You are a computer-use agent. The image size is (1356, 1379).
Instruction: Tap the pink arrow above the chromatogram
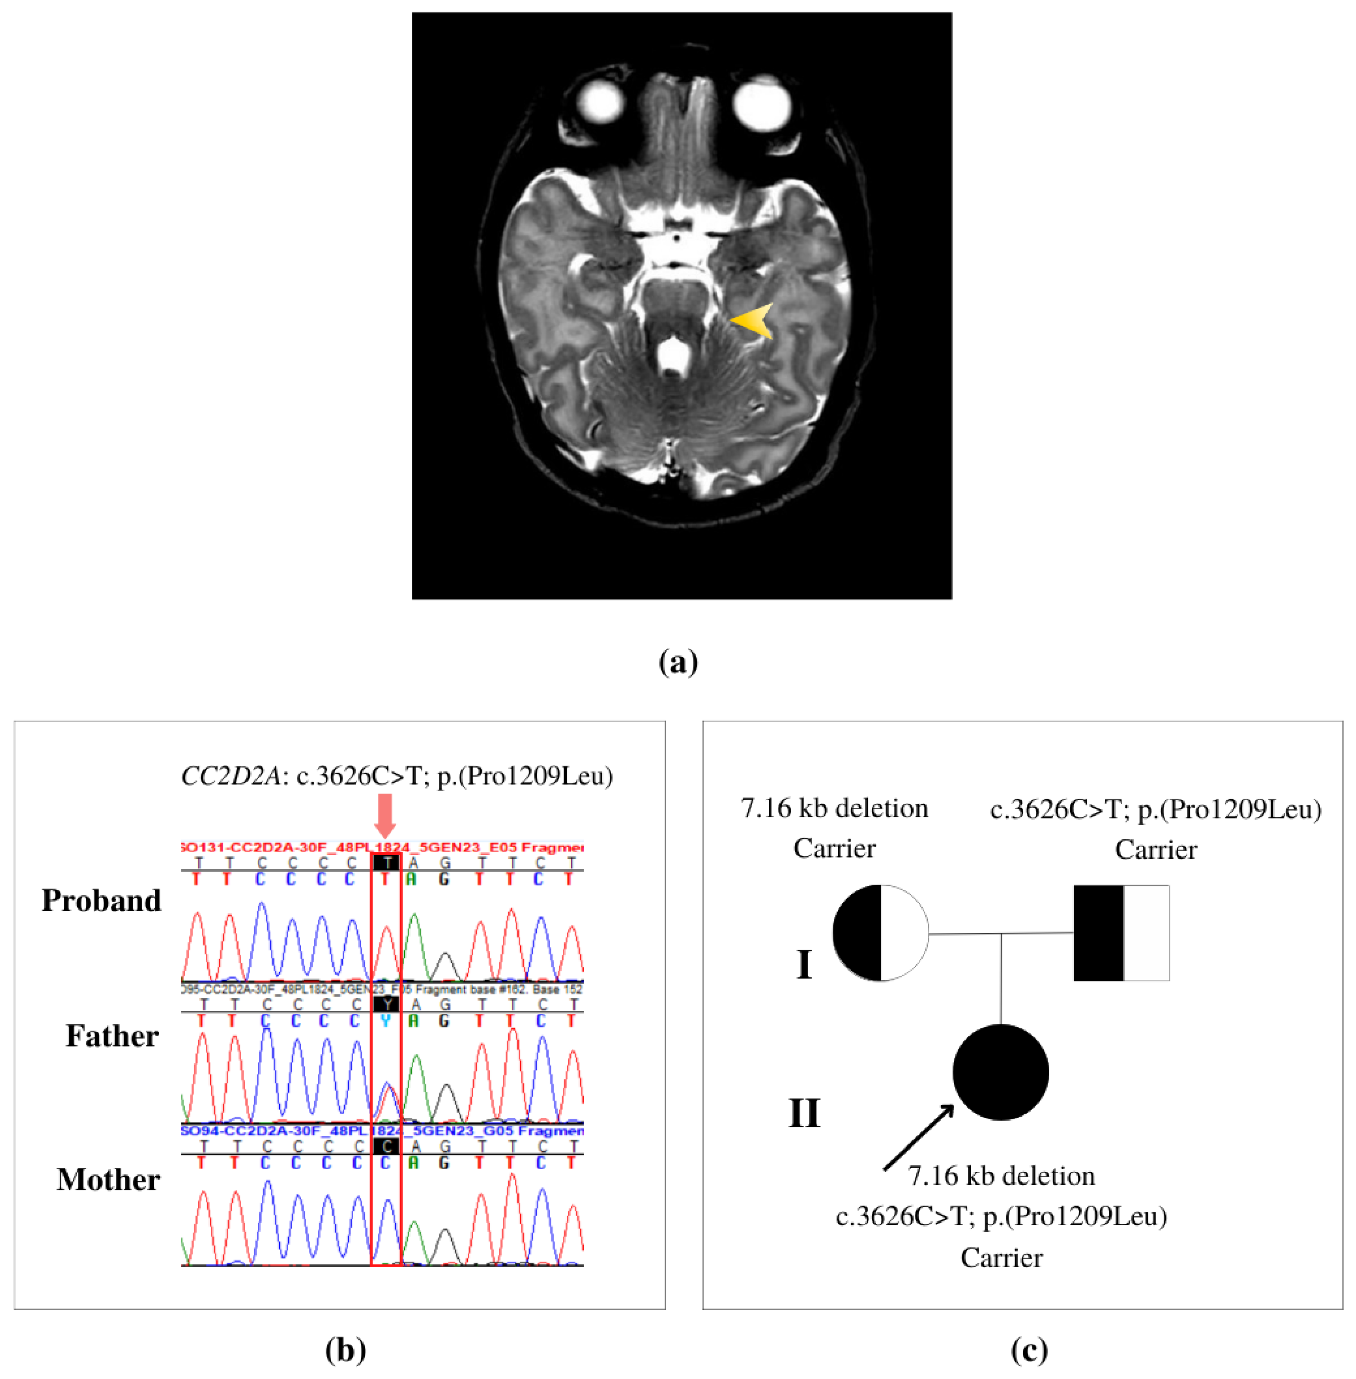coord(385,816)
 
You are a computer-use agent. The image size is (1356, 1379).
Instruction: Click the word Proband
coord(102,901)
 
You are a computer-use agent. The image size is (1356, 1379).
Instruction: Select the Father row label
coord(112,1036)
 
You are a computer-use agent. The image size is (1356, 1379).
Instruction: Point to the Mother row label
coord(108,1180)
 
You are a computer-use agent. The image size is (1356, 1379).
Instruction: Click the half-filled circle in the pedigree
coord(881,933)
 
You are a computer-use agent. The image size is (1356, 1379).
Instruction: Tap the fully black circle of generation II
coord(1001,1072)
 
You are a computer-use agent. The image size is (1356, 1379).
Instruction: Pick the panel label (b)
coord(345,1350)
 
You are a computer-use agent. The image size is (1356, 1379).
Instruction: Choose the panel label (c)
coord(1029,1350)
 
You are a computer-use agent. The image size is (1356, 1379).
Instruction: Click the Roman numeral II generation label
coord(804,1113)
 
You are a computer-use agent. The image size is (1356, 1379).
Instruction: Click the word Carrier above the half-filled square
coord(1156,849)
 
